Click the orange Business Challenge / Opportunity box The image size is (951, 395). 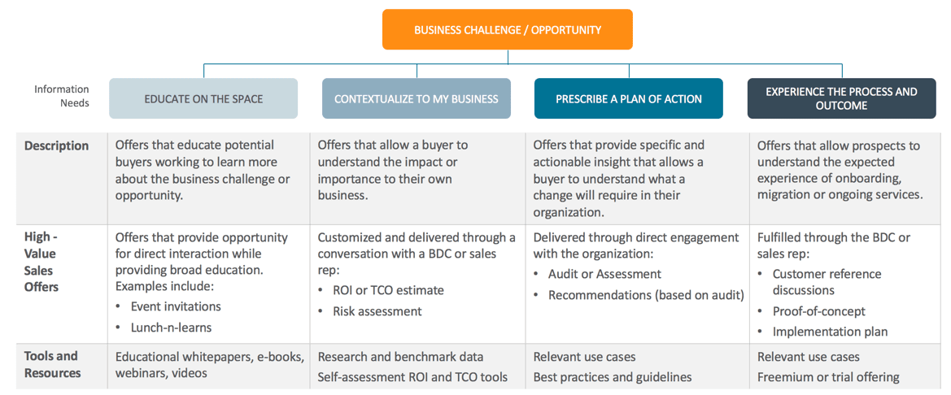coord(507,29)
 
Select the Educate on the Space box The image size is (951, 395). coord(203,98)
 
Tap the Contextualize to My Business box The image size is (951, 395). coord(416,98)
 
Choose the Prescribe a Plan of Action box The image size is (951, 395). coord(628,98)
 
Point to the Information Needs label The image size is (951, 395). coord(61,96)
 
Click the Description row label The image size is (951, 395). coord(56,146)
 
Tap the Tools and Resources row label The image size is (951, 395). coord(53,364)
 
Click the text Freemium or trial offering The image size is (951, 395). coord(828,377)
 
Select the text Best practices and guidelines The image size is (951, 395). coord(613,377)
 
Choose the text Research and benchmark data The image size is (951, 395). coord(401,357)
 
